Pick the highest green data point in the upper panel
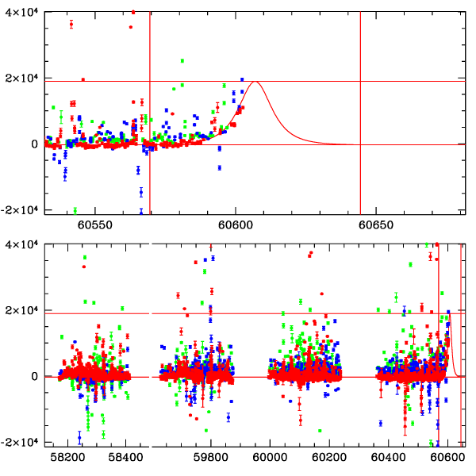[182, 61]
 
